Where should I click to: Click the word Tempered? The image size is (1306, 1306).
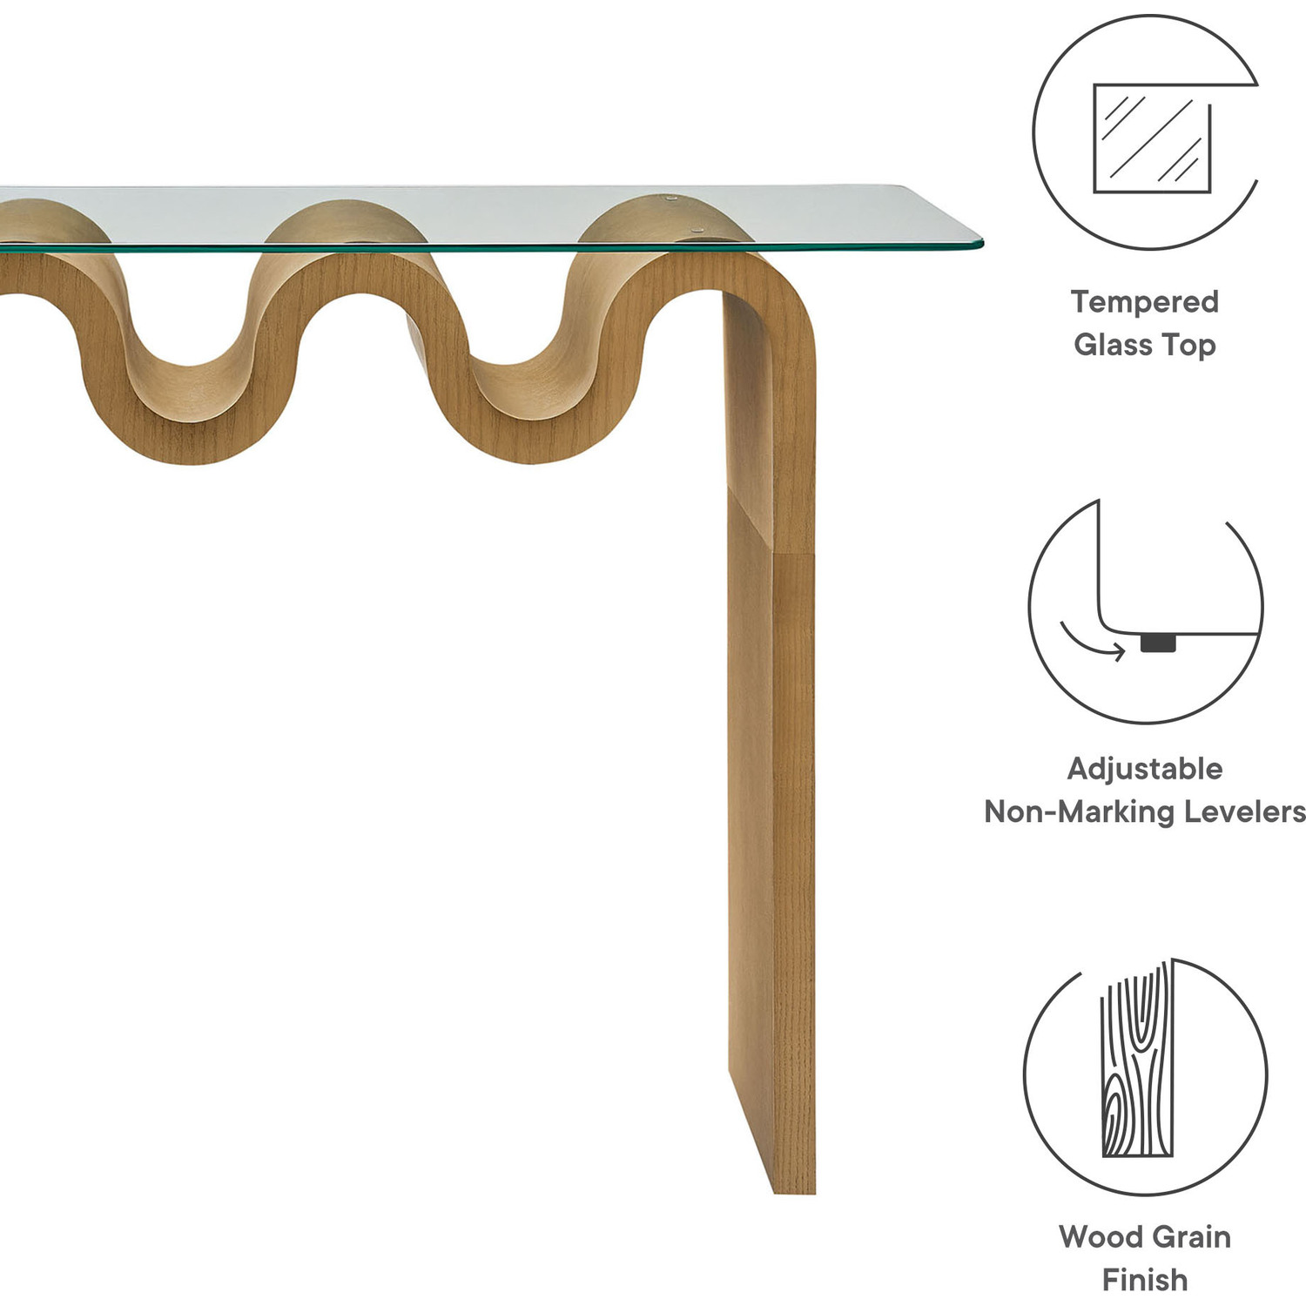pos(1144,302)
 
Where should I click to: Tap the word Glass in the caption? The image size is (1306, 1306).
pos(1112,345)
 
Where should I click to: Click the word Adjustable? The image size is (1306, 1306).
pos(1144,769)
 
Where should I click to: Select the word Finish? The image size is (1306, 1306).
pos(1144,1279)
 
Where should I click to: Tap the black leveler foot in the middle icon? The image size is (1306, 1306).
pos(1157,643)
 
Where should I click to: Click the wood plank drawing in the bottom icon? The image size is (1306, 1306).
pos(1137,1062)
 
